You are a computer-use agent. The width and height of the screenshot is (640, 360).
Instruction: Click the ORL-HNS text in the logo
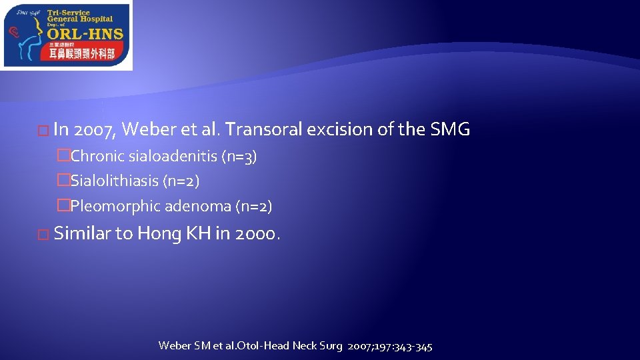[85, 35]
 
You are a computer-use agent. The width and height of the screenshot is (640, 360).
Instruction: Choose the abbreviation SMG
[451, 129]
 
